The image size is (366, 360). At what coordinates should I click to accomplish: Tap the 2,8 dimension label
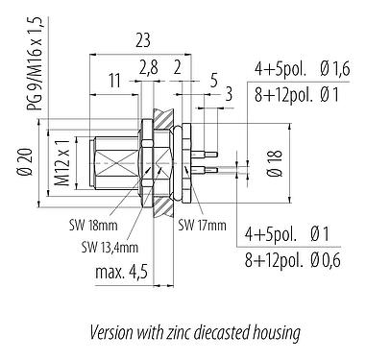click(147, 68)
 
